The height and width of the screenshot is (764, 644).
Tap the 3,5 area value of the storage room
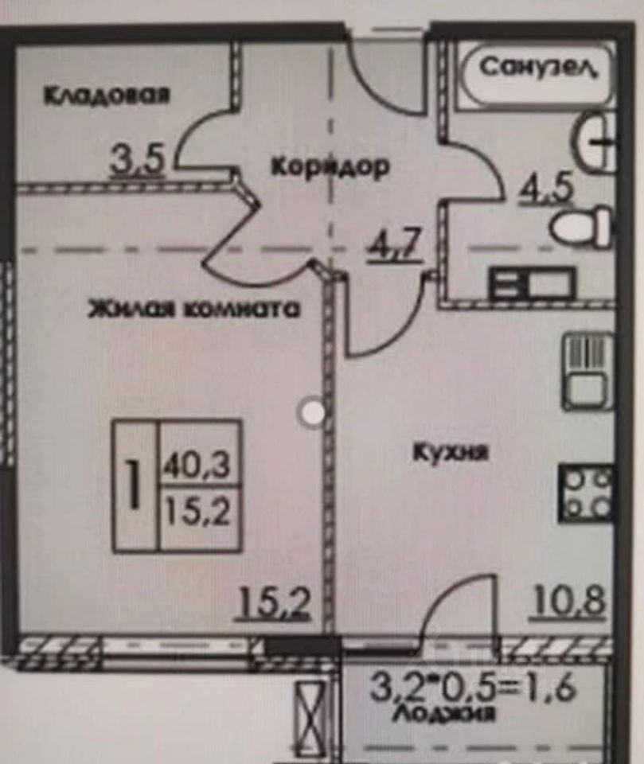pyautogui.click(x=138, y=159)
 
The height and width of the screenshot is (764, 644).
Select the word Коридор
pyautogui.click(x=330, y=167)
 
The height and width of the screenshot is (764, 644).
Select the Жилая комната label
pyautogui.click(x=193, y=309)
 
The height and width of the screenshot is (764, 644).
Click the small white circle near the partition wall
pyautogui.click(x=311, y=411)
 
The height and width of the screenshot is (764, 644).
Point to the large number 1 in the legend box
pyautogui.click(x=135, y=486)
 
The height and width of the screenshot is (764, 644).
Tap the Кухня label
pyautogui.click(x=450, y=453)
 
